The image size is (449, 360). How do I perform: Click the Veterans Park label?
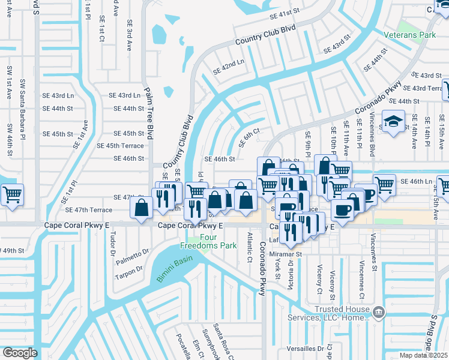tap(419, 35)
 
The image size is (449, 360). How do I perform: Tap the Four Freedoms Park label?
tap(200, 241)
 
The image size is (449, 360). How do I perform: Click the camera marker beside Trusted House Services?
tap(378, 311)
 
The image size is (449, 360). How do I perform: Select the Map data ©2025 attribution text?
tap(423, 355)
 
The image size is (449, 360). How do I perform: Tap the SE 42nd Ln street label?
tap(229, 67)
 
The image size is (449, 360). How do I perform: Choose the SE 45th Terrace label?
tap(121, 146)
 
